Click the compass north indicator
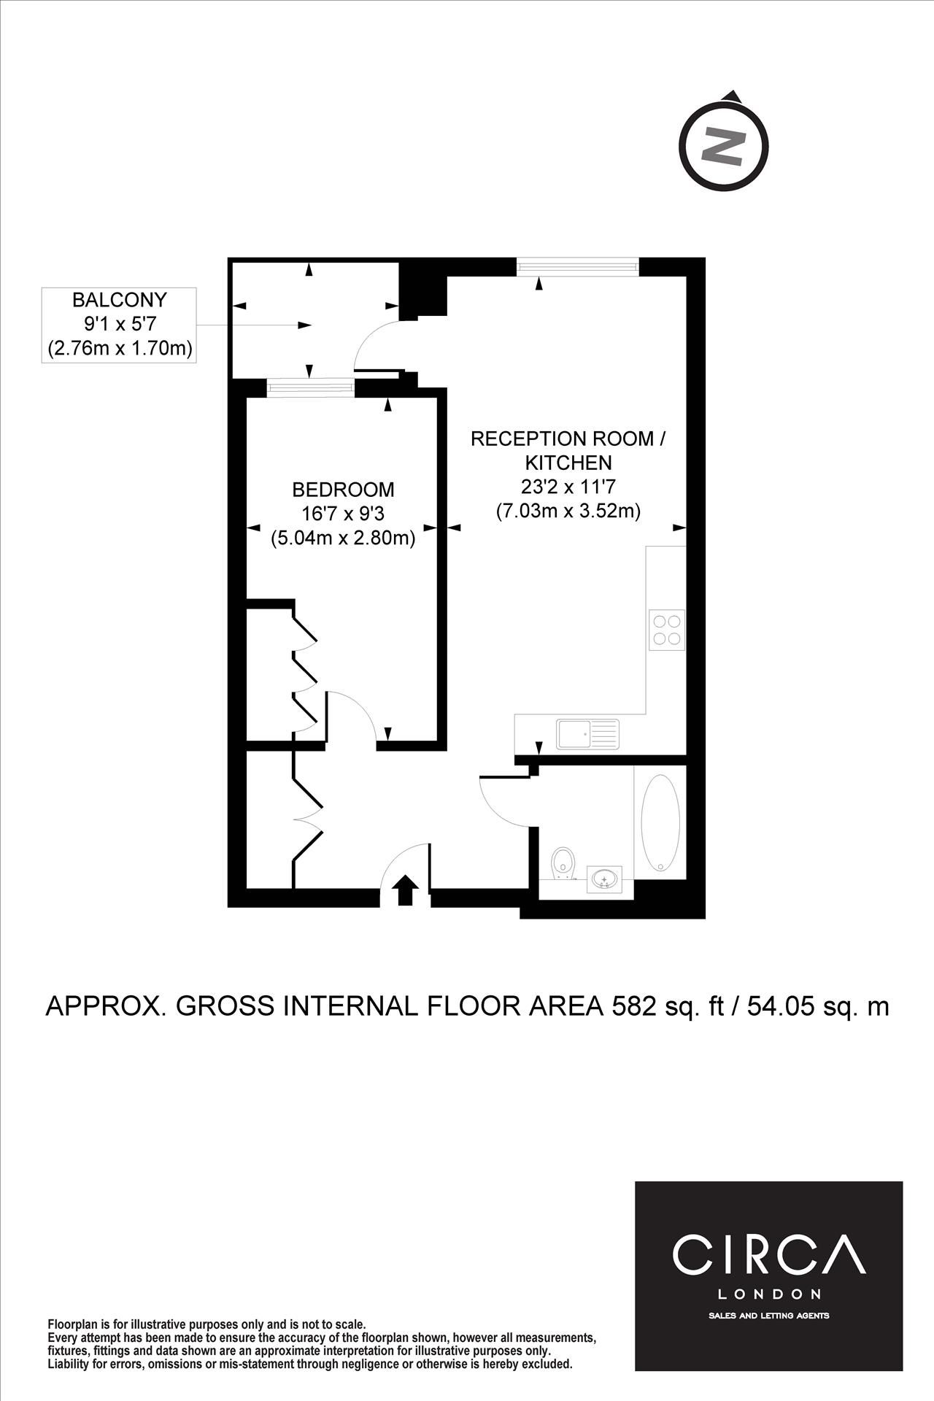(724, 145)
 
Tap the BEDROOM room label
(343, 489)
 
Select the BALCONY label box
(119, 325)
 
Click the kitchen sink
(587, 734)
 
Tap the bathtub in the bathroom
(660, 822)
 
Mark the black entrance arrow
(406, 890)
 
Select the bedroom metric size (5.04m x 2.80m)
(343, 539)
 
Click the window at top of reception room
(578, 267)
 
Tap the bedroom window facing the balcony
(311, 387)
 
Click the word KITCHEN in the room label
(568, 463)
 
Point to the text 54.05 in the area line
(768, 1006)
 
